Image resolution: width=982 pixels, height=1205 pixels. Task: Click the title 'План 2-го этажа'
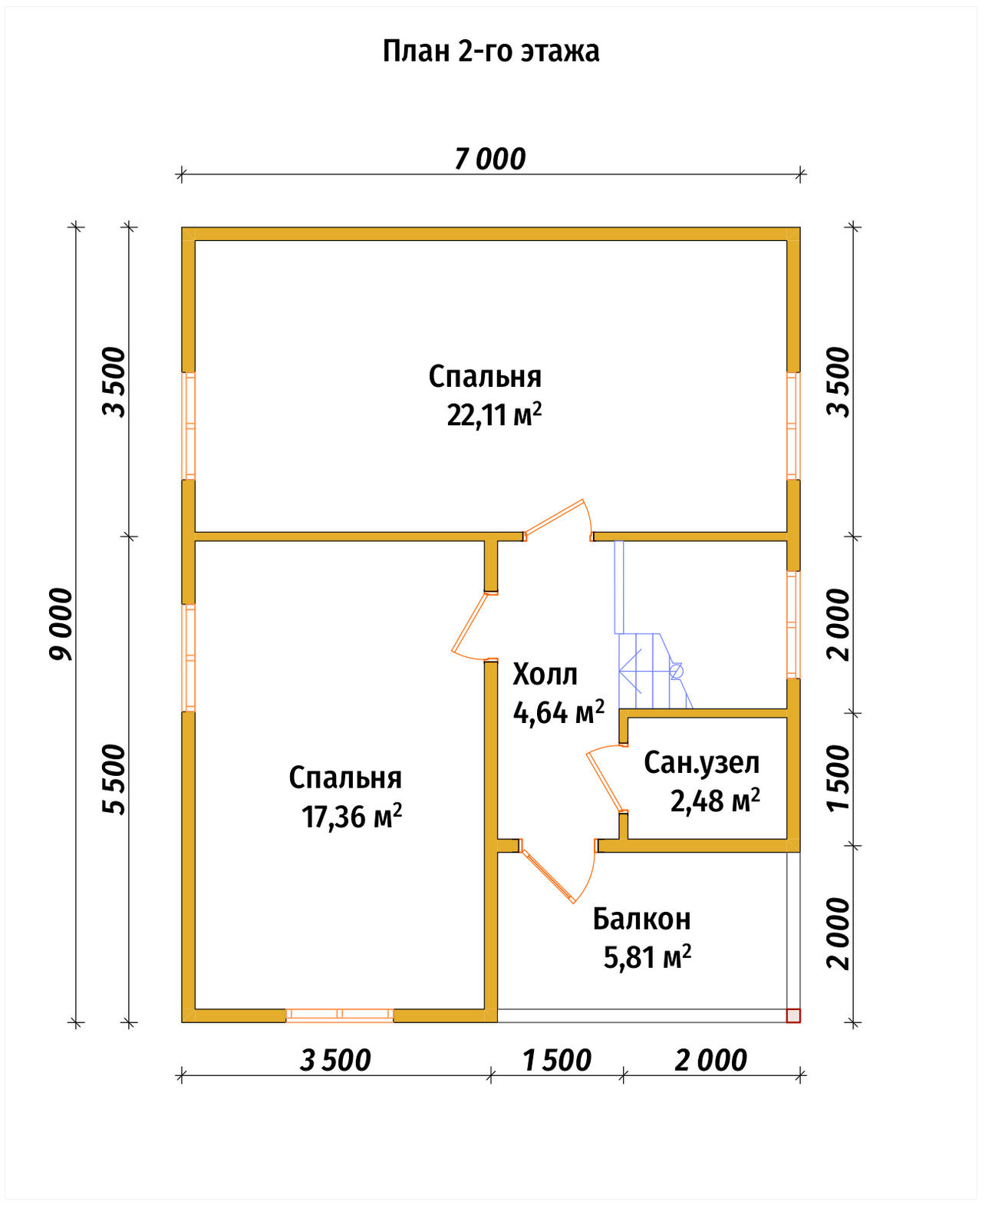[491, 51]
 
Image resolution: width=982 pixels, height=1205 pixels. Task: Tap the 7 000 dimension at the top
[490, 160]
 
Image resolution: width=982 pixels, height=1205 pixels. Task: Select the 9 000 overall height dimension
[61, 624]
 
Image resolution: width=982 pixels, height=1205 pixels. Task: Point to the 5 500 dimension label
[114, 779]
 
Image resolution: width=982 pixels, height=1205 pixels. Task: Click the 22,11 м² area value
[494, 414]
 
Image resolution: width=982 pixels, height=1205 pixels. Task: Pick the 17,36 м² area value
[351, 816]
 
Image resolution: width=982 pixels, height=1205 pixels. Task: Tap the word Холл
[545, 675]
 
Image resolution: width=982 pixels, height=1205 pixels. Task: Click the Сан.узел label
[701, 763]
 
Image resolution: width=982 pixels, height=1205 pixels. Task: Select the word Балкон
[641, 919]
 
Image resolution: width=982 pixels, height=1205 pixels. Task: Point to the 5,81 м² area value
[648, 957]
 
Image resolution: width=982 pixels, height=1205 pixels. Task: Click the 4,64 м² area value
[558, 712]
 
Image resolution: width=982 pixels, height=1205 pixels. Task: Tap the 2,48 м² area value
[715, 801]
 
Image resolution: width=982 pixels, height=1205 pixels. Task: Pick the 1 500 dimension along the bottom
[557, 1061]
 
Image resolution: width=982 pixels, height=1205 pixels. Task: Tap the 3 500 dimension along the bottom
[335, 1061]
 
